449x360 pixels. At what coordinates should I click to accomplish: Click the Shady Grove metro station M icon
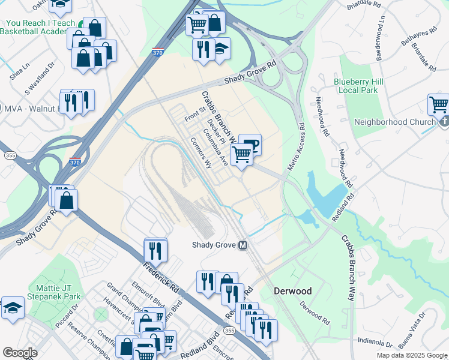click(x=244, y=245)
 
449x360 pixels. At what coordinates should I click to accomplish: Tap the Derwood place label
click(x=292, y=291)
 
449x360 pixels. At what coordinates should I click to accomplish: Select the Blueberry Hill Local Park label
click(x=357, y=85)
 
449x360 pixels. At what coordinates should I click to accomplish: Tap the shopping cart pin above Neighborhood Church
click(x=438, y=104)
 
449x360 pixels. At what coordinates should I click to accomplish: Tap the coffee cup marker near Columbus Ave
click(x=250, y=144)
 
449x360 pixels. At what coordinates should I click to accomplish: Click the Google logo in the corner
click(x=20, y=352)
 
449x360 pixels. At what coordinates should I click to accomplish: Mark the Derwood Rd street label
click(x=315, y=314)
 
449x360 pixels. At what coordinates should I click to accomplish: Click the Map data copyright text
click(x=412, y=355)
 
